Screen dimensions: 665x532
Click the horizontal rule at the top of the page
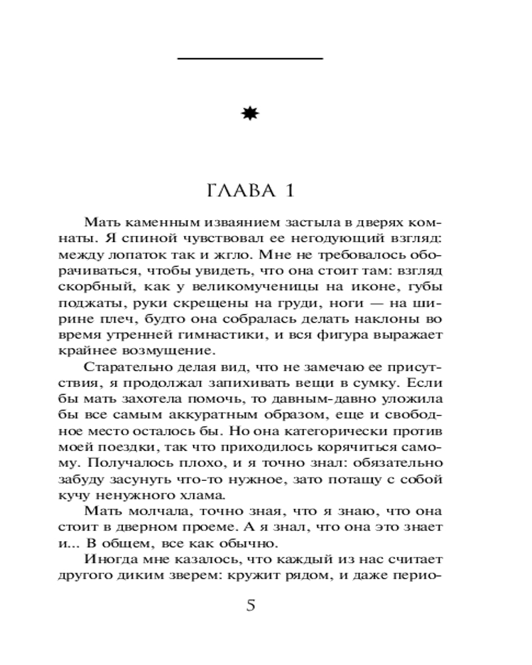250,59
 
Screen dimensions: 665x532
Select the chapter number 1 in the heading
289,193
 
